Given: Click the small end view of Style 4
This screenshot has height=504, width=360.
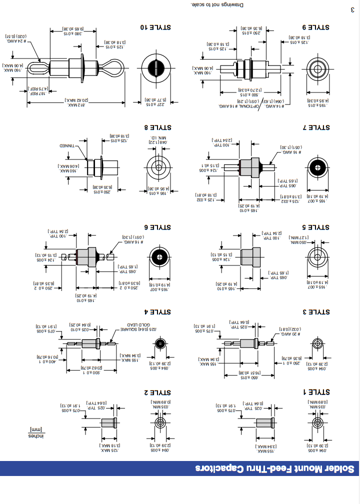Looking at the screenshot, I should coord(160,343).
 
